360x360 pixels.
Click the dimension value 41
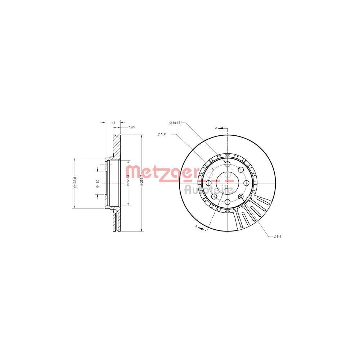click(113, 123)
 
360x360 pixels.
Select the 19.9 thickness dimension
click(132, 127)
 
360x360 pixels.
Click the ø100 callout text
click(162, 134)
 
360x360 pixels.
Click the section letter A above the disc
click(216, 128)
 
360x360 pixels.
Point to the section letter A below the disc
click(196, 226)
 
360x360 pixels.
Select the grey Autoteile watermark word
click(209, 189)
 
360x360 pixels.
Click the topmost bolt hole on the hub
click(227, 164)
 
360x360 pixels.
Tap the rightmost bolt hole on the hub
click(246, 183)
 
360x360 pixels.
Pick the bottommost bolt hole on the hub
click(227, 202)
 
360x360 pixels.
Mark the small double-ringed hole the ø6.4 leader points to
click(241, 197)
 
